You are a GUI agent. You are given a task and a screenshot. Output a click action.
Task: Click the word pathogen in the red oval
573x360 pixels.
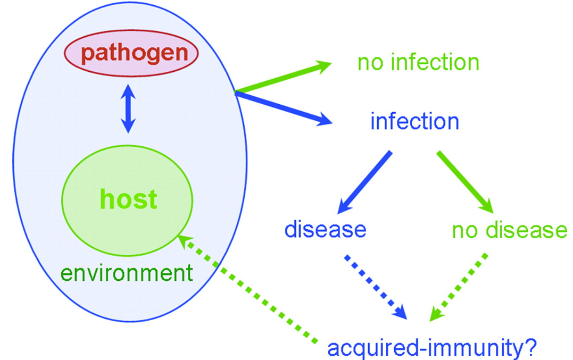point(131,53)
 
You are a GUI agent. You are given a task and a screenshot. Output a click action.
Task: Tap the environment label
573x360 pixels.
point(126,273)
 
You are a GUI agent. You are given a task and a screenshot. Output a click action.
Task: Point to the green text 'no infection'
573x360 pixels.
point(418,63)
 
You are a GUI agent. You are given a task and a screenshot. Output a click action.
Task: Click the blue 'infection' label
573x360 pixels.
point(414,122)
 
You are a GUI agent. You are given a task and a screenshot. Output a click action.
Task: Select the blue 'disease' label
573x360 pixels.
point(325,230)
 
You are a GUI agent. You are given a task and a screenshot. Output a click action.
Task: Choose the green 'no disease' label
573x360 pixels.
point(509,230)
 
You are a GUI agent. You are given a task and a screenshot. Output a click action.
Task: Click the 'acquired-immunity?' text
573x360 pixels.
point(432,349)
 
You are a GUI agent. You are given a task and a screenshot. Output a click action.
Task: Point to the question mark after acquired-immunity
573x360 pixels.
point(530,349)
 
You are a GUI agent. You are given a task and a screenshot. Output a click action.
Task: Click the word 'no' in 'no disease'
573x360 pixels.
point(463,230)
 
